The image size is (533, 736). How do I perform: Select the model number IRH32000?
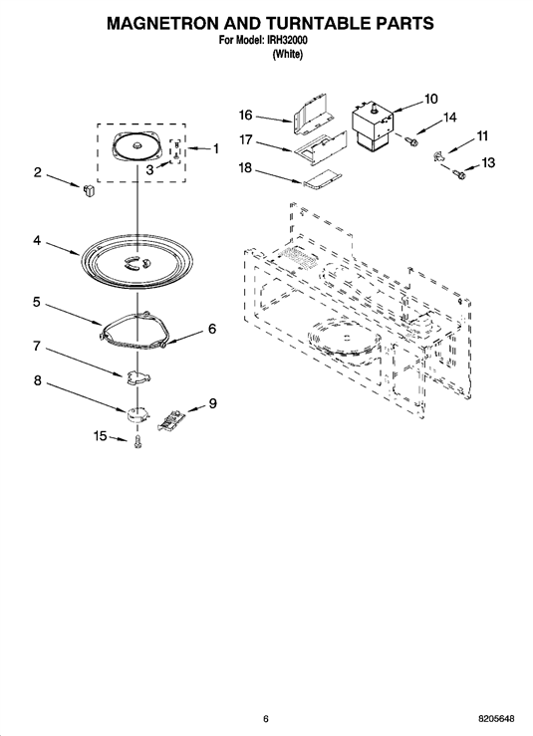point(287,41)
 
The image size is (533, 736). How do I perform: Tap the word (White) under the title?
point(287,54)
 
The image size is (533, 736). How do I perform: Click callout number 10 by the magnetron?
point(430,99)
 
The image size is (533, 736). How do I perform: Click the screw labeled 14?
point(411,138)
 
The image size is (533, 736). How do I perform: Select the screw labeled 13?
point(458,173)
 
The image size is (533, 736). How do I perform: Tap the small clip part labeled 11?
point(438,155)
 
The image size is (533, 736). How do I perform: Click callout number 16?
point(246,115)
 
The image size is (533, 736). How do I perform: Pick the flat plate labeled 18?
point(323,179)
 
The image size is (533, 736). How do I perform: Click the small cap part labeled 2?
point(89,190)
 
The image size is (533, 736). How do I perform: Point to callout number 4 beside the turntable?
point(37,241)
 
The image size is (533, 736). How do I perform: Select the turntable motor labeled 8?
point(136,414)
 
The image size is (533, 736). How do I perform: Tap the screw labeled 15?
point(137,441)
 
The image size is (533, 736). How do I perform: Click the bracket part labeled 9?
point(171,419)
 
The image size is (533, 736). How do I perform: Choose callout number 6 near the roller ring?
point(212,329)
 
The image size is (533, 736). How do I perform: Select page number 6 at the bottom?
point(266,719)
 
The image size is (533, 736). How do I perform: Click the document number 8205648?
point(496,719)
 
